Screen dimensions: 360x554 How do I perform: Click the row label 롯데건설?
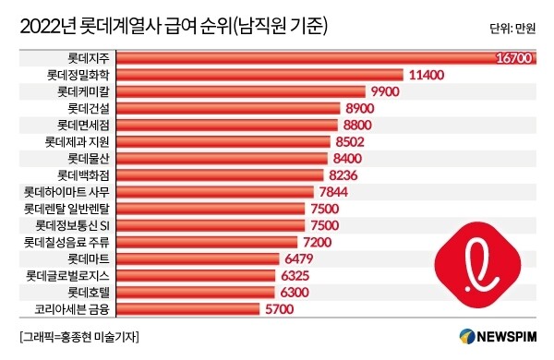click(84, 109)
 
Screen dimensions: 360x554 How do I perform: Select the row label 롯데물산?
click(84, 159)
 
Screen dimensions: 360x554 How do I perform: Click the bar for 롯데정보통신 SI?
click(212, 225)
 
